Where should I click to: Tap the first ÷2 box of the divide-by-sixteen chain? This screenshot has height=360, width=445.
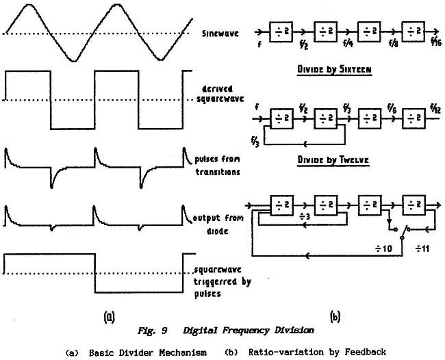point(281,31)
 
